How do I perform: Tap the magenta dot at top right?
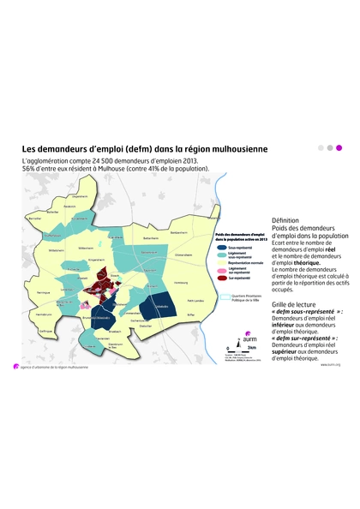point(339,147)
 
